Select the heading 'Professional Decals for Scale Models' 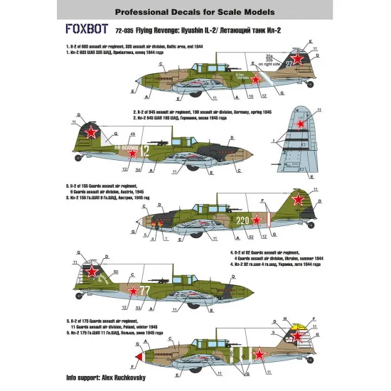coord(195,12)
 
